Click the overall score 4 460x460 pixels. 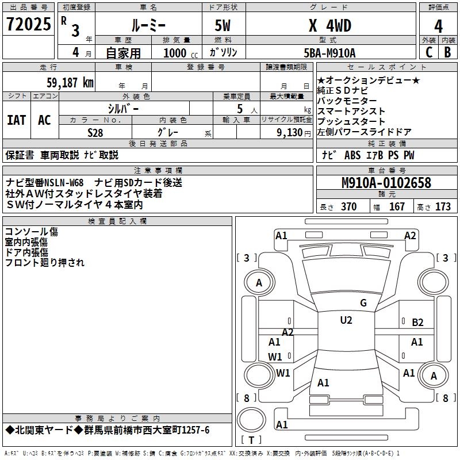(x=438, y=26)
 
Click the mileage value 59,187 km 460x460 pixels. (x=64, y=82)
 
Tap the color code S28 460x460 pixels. (x=95, y=132)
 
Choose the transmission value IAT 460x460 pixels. (x=17, y=120)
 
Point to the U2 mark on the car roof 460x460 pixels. (x=346, y=320)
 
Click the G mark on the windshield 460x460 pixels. (x=363, y=303)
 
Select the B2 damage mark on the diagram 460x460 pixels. (x=417, y=323)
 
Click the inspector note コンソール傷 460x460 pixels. (x=31, y=232)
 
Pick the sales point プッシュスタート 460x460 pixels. (x=351, y=121)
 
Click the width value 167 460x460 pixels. (x=397, y=207)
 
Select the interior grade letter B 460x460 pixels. (x=447, y=52)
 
